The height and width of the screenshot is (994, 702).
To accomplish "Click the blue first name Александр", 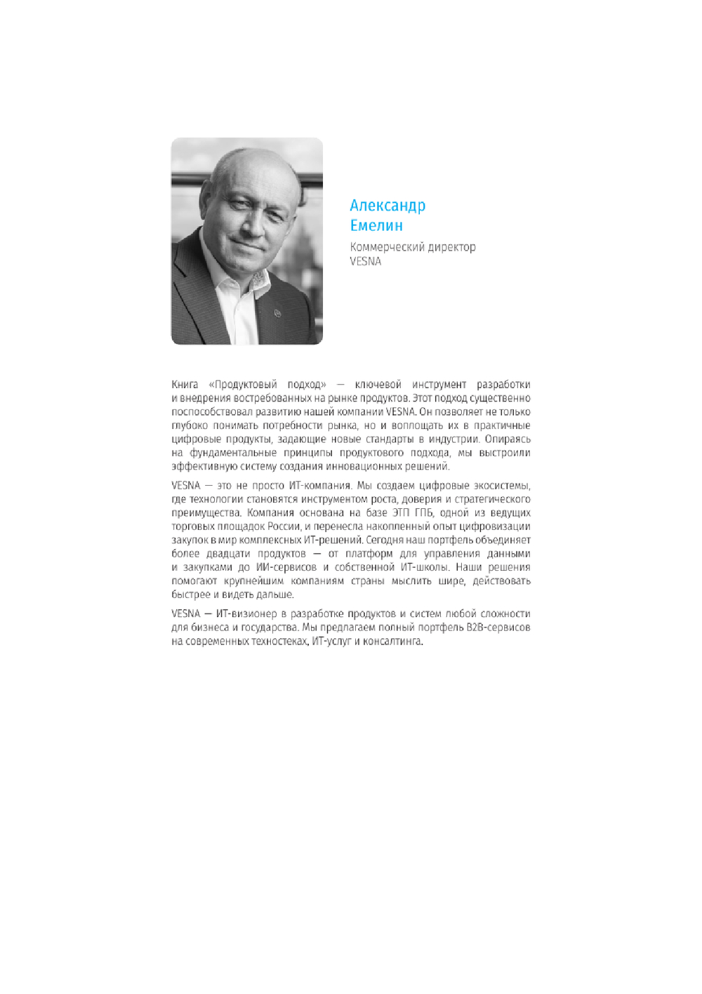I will click(x=388, y=206).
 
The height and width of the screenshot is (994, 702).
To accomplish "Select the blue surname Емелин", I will click(x=376, y=225).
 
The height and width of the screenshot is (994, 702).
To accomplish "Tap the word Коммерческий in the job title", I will click(x=383, y=247).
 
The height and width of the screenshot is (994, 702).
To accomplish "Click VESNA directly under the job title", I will click(x=366, y=261).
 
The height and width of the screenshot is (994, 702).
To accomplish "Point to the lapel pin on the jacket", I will click(x=277, y=313).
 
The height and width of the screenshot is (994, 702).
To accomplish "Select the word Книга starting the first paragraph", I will click(x=185, y=385).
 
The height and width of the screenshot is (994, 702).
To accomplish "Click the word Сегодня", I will click(x=385, y=540).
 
